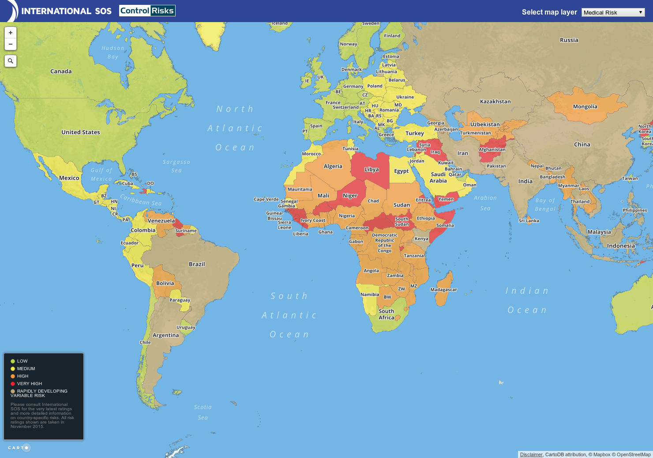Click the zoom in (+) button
(x=11, y=33)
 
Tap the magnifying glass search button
(x=11, y=61)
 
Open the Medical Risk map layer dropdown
(x=613, y=12)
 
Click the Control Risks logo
(x=147, y=11)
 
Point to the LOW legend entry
(x=22, y=361)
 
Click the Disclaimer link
(x=531, y=454)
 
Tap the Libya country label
(x=372, y=170)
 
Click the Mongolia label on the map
(x=585, y=106)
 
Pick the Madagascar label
(x=443, y=290)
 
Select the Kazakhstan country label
(x=495, y=102)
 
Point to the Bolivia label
(x=165, y=283)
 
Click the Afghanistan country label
(x=492, y=149)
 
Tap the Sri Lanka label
(x=529, y=220)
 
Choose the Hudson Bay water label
(x=113, y=52)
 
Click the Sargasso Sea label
(x=176, y=166)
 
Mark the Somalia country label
(x=445, y=225)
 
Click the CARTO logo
(x=19, y=448)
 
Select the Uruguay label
(x=186, y=327)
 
